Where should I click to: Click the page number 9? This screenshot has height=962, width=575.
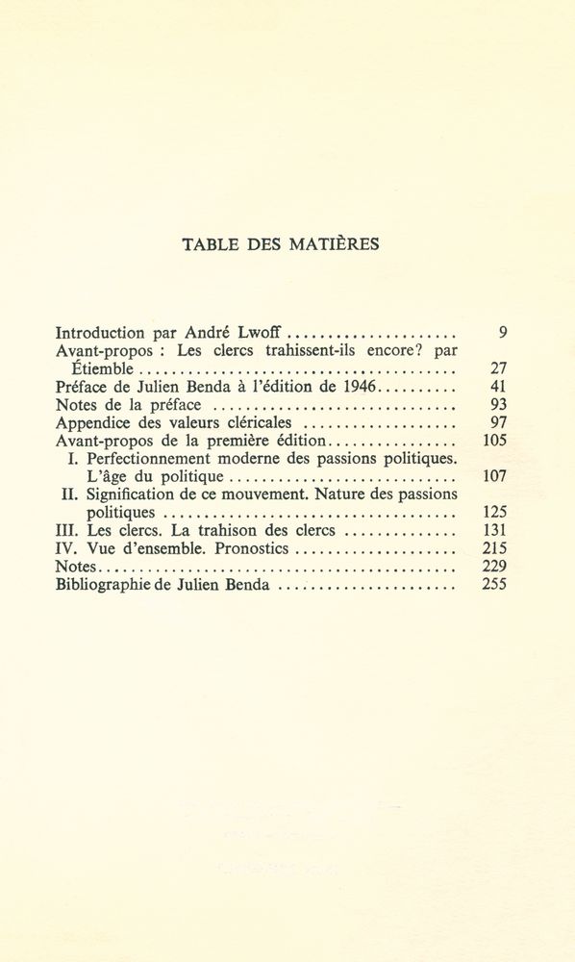[x=503, y=333]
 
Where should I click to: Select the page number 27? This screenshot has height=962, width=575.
[x=498, y=368]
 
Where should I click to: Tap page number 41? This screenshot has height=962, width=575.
[x=498, y=387]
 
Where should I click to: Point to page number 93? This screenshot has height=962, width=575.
[x=498, y=405]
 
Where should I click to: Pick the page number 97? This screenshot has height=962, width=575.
[x=498, y=422]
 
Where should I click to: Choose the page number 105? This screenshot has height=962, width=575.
[x=494, y=441]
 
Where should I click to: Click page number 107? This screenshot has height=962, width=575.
[x=494, y=476]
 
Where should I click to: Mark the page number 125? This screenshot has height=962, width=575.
[x=494, y=513]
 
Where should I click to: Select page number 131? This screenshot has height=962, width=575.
[x=494, y=530]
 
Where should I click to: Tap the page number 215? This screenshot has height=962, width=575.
[x=494, y=548]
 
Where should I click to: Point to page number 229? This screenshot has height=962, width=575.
[x=494, y=567]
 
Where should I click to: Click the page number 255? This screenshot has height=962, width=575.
[x=494, y=584]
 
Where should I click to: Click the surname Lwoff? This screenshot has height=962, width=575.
[x=263, y=333]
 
